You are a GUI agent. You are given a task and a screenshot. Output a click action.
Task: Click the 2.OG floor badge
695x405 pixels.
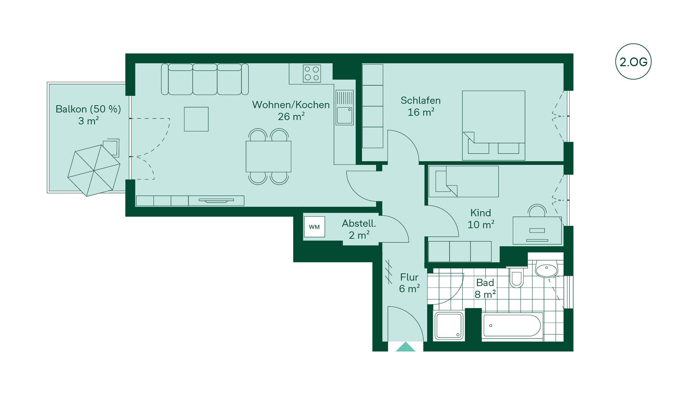pyautogui.click(x=633, y=61)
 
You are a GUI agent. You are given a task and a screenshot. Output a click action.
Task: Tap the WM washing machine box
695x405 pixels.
pyautogui.click(x=314, y=227)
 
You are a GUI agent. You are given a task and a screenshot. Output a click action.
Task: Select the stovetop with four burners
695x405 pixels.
pyautogui.click(x=312, y=73)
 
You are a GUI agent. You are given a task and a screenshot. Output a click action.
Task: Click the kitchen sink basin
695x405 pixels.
pyautogui.click(x=344, y=115)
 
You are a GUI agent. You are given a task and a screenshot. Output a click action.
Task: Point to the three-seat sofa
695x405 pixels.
pyautogui.click(x=205, y=79)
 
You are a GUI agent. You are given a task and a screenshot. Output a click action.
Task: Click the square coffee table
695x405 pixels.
pyautogui.click(x=196, y=119)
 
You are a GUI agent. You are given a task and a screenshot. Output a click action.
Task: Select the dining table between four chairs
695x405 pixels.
pyautogui.click(x=269, y=156)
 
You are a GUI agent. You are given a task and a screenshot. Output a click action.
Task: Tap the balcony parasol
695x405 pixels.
pyautogui.click(x=94, y=170)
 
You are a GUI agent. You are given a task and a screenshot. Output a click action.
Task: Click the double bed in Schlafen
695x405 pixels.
pyautogui.click(x=494, y=125)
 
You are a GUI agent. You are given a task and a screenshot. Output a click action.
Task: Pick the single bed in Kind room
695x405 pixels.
pyautogui.click(x=464, y=182)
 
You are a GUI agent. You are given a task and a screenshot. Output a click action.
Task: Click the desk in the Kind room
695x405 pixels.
pyautogui.click(x=537, y=230)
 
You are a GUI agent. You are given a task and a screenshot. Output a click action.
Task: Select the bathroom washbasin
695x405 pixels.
pyautogui.click(x=546, y=269)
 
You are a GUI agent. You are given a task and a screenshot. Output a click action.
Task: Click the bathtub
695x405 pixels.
pyautogui.click(x=512, y=326)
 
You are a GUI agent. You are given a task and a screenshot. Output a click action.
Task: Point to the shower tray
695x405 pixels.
pyautogui.click(x=449, y=326)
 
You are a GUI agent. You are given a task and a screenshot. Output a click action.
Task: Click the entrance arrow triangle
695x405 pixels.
pyautogui.click(x=405, y=347)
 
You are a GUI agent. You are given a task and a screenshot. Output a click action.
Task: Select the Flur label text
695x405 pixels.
pyautogui.click(x=409, y=277)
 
